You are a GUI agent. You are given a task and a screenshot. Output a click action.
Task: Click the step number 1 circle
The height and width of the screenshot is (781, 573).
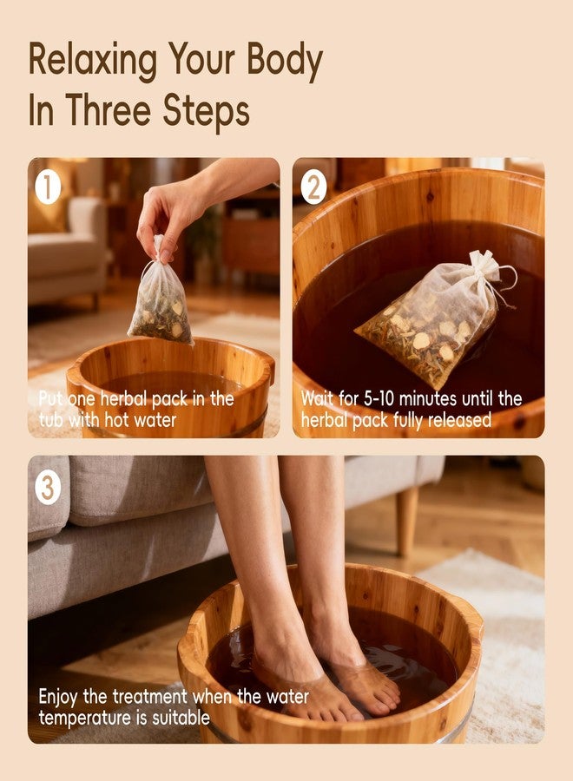click(48, 187)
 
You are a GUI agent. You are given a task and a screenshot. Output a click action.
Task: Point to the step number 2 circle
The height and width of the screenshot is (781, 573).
click(314, 187)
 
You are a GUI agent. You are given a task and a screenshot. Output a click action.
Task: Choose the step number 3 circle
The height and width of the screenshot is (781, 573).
click(48, 488)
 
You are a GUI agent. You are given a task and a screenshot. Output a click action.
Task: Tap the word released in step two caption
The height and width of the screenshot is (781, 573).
click(459, 420)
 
